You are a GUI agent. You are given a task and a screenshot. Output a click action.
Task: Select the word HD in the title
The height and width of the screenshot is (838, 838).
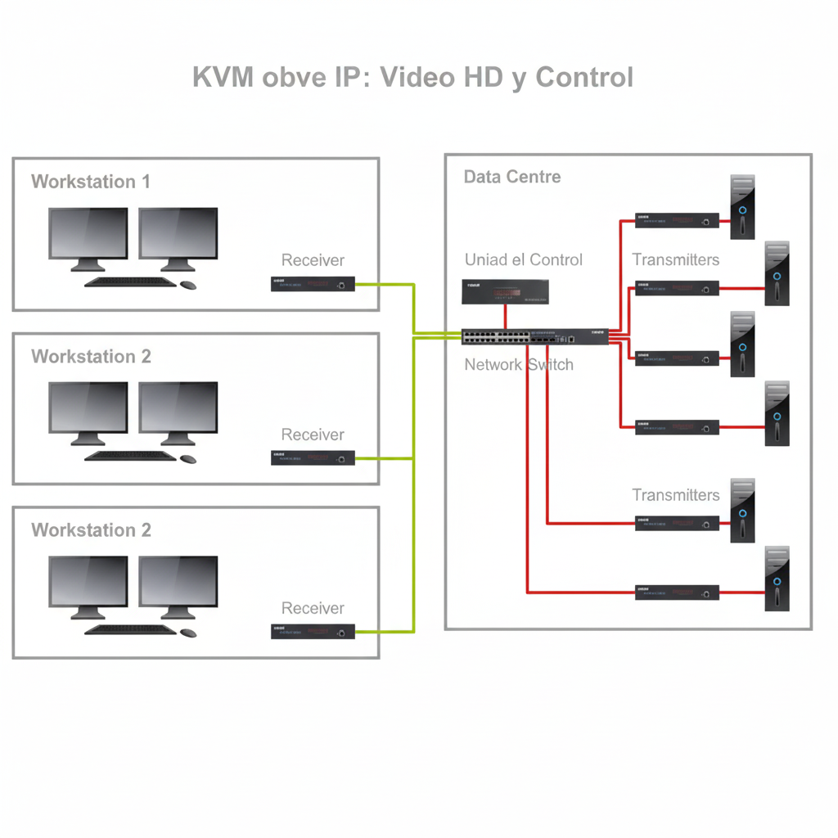pyautogui.click(x=483, y=78)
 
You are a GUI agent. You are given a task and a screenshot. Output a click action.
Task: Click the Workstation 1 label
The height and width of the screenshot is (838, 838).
pyautogui.click(x=91, y=182)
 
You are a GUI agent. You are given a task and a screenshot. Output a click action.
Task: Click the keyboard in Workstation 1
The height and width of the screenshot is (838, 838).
pyautogui.click(x=130, y=282)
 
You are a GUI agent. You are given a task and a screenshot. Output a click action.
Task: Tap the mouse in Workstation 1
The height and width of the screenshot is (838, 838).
pyautogui.click(x=188, y=285)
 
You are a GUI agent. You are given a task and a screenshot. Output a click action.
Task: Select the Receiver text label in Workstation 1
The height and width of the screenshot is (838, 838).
pyautogui.click(x=313, y=260)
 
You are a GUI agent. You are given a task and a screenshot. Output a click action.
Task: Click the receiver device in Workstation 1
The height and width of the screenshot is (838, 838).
pyautogui.click(x=313, y=285)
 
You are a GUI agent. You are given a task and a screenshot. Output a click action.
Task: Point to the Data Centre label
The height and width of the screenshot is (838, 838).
pyautogui.click(x=512, y=177)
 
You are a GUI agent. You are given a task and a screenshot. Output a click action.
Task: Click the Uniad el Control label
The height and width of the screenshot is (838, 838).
pyautogui.click(x=524, y=260)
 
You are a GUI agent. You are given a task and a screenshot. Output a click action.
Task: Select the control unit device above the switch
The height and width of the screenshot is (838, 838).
pyautogui.click(x=505, y=292)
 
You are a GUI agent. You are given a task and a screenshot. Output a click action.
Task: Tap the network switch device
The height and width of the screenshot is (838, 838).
pyautogui.click(x=534, y=336)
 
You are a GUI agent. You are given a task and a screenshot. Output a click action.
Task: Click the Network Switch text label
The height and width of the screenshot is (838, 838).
pyautogui.click(x=519, y=365)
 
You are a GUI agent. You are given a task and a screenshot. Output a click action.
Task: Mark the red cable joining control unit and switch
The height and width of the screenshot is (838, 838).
pyautogui.click(x=506, y=317)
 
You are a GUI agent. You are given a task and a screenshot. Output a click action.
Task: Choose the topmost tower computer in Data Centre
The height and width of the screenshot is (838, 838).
pyautogui.click(x=742, y=207)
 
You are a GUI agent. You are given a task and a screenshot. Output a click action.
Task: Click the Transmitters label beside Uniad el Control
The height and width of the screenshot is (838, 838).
pyautogui.click(x=676, y=260)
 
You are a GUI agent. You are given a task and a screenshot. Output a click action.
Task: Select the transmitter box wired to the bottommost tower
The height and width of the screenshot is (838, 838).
pyautogui.click(x=677, y=592)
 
